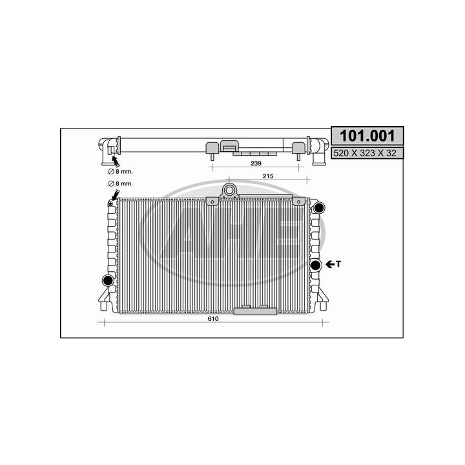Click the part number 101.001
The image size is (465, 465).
(367, 136)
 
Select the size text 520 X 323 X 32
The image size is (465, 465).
(367, 153)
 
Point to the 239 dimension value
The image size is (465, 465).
(256, 164)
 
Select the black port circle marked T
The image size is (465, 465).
(316, 265)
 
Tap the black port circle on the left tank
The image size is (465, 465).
(108, 280)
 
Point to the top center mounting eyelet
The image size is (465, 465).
(229, 190)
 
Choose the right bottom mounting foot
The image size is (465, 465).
(320, 302)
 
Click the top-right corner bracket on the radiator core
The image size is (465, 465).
(298, 201)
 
